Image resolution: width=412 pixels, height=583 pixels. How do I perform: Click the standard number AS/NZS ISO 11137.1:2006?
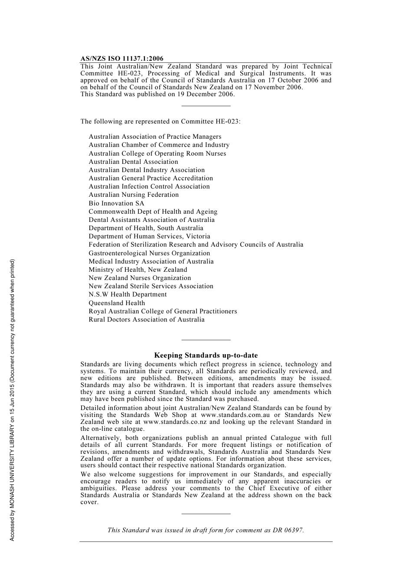tap(122, 59)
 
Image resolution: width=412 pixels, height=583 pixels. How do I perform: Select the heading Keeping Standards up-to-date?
tap(206, 355)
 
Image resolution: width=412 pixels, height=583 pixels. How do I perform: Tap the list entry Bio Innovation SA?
tap(116, 203)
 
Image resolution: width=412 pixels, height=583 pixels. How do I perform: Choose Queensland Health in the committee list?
tap(117, 303)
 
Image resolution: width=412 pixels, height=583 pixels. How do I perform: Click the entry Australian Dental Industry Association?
tap(147, 170)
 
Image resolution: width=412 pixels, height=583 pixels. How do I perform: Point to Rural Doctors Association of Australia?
tap(147, 319)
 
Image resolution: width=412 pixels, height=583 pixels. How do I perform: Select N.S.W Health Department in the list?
tap(128, 294)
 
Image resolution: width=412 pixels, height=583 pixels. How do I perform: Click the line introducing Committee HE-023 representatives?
tap(160, 121)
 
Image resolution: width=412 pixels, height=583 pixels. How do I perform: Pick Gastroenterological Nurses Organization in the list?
tap(149, 253)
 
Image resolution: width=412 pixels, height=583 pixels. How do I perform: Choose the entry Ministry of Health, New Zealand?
tap(138, 270)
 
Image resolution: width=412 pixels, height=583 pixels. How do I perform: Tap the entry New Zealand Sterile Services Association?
tap(151, 286)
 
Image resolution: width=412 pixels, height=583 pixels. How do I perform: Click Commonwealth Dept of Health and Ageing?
tap(153, 212)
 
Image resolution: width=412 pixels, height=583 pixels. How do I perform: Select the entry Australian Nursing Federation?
tap(134, 195)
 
